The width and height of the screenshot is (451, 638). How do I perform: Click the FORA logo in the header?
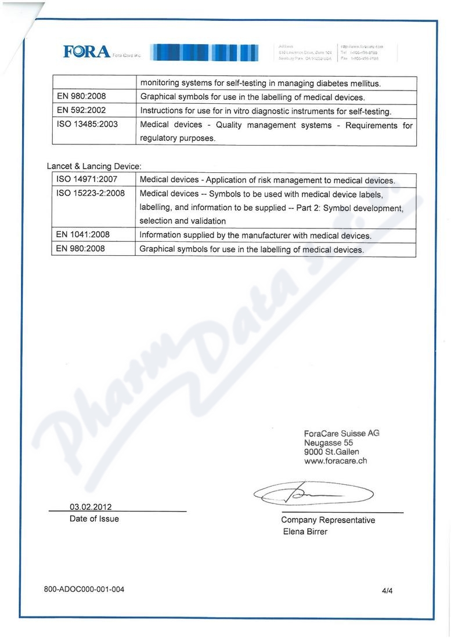click(x=87, y=52)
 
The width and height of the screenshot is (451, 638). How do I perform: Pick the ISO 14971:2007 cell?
click(x=87, y=180)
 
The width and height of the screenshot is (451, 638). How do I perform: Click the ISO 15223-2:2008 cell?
click(x=91, y=194)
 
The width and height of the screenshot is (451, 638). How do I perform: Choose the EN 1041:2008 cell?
click(x=83, y=235)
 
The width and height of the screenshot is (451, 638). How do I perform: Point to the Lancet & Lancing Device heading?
click(x=94, y=166)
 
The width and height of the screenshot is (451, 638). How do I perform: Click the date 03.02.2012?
click(x=91, y=506)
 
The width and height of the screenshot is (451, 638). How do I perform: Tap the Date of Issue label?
click(x=94, y=519)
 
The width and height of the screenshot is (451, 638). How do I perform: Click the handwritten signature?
click(x=313, y=494)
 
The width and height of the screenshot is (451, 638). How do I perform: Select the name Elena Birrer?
click(x=305, y=532)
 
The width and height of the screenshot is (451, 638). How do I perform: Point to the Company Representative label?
click(x=328, y=520)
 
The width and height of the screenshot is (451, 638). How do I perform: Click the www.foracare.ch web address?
click(x=335, y=462)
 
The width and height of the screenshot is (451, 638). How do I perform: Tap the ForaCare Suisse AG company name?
click(x=341, y=433)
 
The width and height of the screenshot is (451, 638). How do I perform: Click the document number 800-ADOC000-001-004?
click(x=84, y=590)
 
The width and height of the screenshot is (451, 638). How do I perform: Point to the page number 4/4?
click(x=387, y=591)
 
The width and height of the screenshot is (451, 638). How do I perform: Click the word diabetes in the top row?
click(x=327, y=84)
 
